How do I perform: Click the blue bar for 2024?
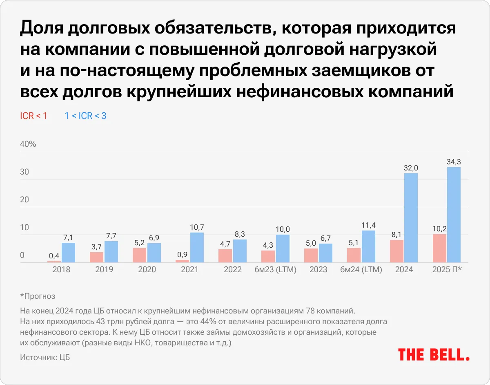click(x=411, y=218)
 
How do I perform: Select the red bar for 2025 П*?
click(x=439, y=248)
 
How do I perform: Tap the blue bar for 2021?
click(x=197, y=247)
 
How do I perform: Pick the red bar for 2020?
click(x=139, y=255)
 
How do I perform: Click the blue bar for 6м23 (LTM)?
click(x=283, y=248)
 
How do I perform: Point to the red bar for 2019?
click(x=96, y=257)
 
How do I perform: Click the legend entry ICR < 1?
click(x=33, y=116)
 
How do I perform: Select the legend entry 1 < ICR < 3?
click(x=85, y=116)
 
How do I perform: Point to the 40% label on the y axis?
click(x=28, y=144)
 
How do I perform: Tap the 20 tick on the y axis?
click(x=24, y=199)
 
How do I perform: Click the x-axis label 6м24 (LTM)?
click(x=361, y=270)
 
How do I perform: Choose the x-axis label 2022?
click(x=233, y=270)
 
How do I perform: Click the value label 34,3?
click(x=454, y=162)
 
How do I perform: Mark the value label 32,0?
click(x=411, y=168)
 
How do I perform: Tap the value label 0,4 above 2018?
click(x=54, y=256)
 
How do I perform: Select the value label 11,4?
click(x=368, y=225)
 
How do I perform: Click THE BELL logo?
click(x=434, y=354)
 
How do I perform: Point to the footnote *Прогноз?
click(x=38, y=296)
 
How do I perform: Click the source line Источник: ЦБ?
click(x=45, y=357)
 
